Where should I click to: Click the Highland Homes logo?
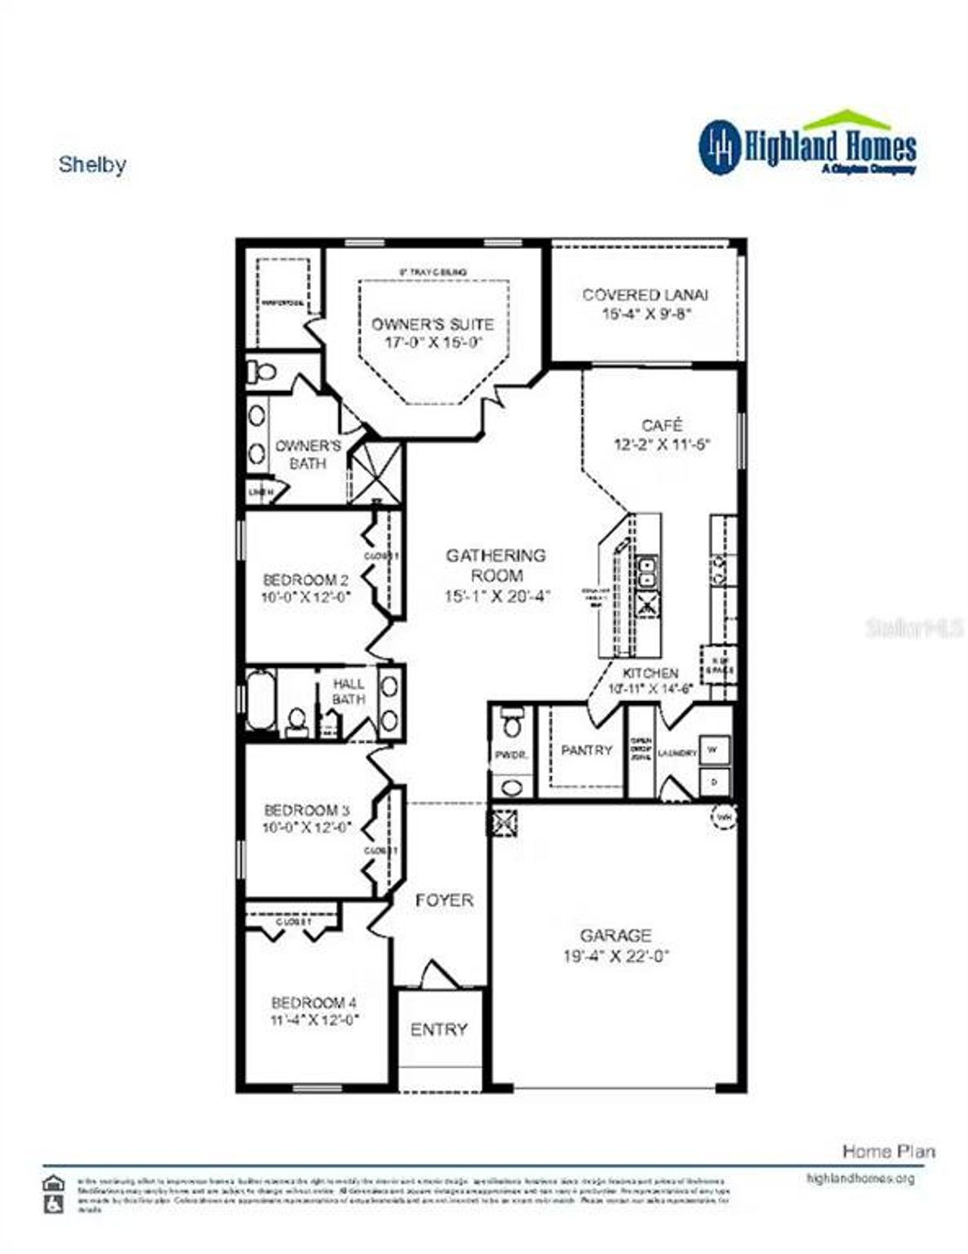tap(807, 145)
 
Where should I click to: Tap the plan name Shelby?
tap(92, 165)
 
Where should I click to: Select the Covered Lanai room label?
tap(645, 295)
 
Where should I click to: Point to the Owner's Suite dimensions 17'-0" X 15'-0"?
tap(433, 343)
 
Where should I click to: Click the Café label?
tap(662, 425)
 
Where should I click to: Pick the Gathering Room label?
tap(495, 565)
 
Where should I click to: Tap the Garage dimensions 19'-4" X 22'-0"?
tap(616, 956)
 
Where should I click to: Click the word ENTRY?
tap(439, 1029)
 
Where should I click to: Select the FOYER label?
tap(444, 900)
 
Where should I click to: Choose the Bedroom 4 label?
tap(314, 1003)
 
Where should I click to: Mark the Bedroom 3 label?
tap(306, 810)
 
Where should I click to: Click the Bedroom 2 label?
tap(306, 580)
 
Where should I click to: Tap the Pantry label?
tap(586, 750)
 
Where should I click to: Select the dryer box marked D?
tap(715, 781)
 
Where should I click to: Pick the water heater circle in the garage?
tap(724, 817)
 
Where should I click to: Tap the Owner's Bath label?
tap(308, 454)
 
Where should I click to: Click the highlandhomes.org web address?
tap(861, 1178)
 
